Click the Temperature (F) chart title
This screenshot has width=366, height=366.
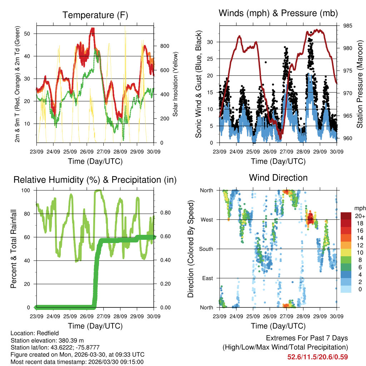(95, 15)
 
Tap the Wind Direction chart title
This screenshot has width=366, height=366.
(278, 178)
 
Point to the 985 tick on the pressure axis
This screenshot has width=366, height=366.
(348, 26)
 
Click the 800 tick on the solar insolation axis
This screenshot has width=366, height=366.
(164, 46)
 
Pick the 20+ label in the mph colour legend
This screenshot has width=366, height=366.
(360, 216)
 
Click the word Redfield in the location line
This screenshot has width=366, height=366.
(46, 333)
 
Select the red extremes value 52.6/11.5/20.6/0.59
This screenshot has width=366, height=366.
(317, 357)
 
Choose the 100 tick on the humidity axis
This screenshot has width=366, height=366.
(26, 190)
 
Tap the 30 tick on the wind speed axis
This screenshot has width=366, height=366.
(211, 42)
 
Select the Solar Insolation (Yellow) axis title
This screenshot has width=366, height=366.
(175, 84)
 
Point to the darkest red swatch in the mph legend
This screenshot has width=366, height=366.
(346, 216)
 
